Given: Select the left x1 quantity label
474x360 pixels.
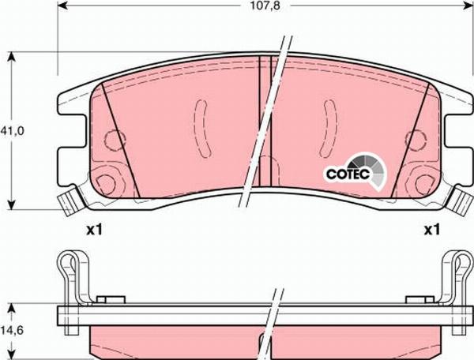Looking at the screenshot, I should [x=95, y=231].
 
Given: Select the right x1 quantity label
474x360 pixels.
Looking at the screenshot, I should [x=431, y=231].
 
